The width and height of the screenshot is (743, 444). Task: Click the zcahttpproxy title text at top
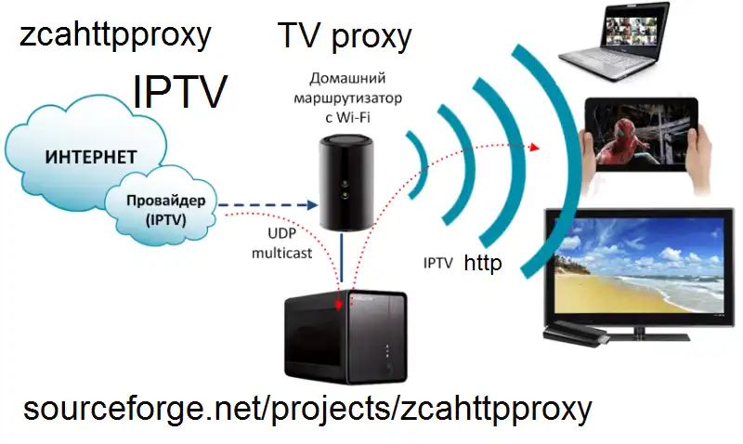[x=115, y=36]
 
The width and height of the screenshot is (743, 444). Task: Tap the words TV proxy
[x=345, y=36]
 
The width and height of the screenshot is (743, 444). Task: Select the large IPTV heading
[x=180, y=92]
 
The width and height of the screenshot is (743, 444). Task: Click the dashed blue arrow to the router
[x=268, y=205]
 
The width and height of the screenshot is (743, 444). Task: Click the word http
[x=483, y=264]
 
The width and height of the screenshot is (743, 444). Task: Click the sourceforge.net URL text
[x=306, y=409]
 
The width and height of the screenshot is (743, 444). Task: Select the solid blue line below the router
[x=343, y=262]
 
